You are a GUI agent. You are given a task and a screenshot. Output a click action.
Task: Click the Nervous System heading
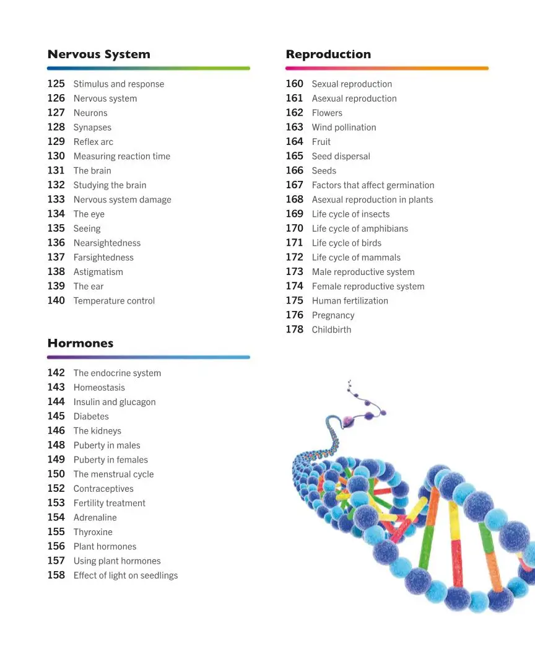point(98,55)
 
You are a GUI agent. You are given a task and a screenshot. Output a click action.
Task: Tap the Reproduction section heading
point(328,55)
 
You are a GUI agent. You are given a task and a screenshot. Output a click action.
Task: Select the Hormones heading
point(80,343)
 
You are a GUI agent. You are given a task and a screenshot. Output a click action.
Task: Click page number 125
point(56,84)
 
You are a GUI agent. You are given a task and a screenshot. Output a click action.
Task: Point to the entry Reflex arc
point(94,142)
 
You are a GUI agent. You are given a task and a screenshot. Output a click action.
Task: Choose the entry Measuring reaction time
point(121,156)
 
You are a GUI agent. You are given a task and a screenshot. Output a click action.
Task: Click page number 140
point(56,300)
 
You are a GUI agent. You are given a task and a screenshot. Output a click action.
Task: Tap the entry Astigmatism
point(98,272)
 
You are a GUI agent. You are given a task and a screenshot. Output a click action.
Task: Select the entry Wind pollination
point(344,128)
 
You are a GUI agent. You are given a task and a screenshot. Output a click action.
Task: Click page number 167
point(294,185)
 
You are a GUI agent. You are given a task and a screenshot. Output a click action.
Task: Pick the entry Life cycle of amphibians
point(360,229)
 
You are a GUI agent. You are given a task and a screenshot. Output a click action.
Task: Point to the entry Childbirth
point(331,330)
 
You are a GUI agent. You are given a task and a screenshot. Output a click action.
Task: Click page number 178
point(294,330)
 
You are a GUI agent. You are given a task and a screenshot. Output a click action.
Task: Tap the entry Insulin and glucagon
point(115,402)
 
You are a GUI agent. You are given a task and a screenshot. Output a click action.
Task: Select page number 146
point(56,430)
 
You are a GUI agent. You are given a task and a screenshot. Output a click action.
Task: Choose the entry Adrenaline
point(95,518)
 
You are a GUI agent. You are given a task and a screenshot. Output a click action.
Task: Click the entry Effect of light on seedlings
point(125,575)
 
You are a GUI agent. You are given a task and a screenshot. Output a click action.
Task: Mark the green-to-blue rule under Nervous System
point(149,68)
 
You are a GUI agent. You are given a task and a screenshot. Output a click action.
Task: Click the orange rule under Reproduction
point(387,68)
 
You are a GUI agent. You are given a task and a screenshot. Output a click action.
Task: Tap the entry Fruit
point(321,142)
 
